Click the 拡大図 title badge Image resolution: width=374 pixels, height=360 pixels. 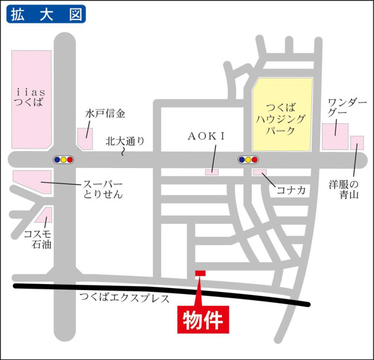click(46, 14)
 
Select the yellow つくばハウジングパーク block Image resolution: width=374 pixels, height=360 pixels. click(282, 113)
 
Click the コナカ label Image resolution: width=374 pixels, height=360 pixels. click(290, 189)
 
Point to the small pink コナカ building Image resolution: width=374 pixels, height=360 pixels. click(259, 172)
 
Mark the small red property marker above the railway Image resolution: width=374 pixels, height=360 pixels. click(200, 273)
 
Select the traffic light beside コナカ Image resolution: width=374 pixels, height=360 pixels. click(248, 159)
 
